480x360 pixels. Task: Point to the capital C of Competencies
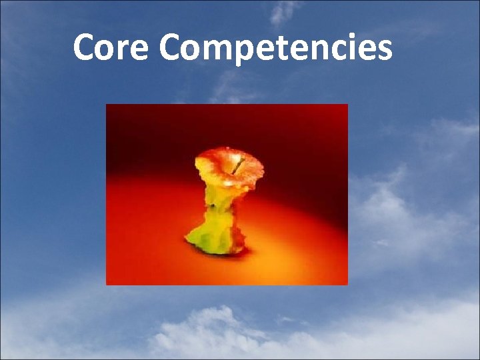pyautogui.click(x=171, y=48)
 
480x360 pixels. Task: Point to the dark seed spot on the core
pyautogui.click(x=212, y=207)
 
